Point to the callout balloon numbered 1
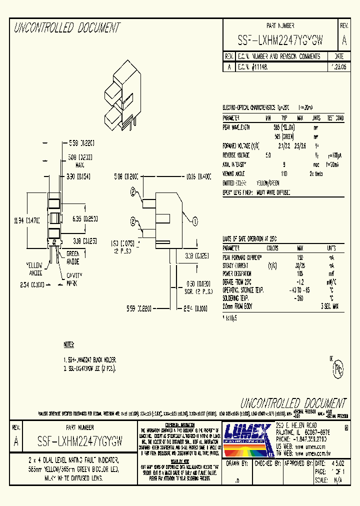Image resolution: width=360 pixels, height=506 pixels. coord(195,220)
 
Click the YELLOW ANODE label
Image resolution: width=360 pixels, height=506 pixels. coord(35,268)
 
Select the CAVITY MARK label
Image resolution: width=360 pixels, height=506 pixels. coord(74,279)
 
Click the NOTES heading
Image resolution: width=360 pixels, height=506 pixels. coord(69,345)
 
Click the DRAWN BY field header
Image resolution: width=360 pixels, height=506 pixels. coord(237,463)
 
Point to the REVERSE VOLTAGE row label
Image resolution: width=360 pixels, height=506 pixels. coord(239,155)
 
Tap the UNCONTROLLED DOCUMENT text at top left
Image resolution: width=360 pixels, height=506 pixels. coord(66,28)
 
